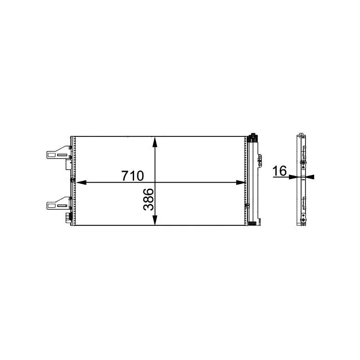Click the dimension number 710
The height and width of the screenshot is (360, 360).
(x=133, y=176)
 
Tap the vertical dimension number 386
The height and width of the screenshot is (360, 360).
(x=148, y=199)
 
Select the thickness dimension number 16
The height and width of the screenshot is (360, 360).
(x=279, y=171)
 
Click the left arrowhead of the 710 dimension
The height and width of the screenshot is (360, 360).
(x=81, y=183)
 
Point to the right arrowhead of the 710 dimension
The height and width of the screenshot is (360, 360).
(x=241, y=183)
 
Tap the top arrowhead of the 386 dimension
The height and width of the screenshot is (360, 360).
(x=155, y=142)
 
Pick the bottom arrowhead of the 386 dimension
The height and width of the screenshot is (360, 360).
(x=155, y=220)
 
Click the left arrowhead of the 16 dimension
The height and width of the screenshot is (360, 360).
(x=293, y=177)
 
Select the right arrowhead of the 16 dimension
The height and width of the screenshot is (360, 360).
(x=310, y=177)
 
